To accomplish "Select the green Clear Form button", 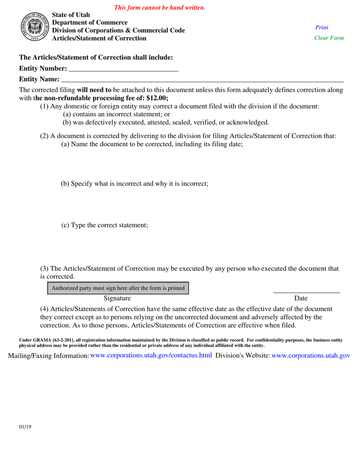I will pyautogui.click(x=329, y=38).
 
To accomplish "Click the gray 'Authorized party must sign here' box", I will pyautogui.click(x=118, y=288).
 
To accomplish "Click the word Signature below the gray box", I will pyautogui.click(x=117, y=299).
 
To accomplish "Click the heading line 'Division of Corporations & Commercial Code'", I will pyautogui.click(x=118, y=31).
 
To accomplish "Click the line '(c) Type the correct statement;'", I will pyautogui.click(x=105, y=225).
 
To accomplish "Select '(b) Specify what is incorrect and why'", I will pyautogui.click(x=135, y=184).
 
